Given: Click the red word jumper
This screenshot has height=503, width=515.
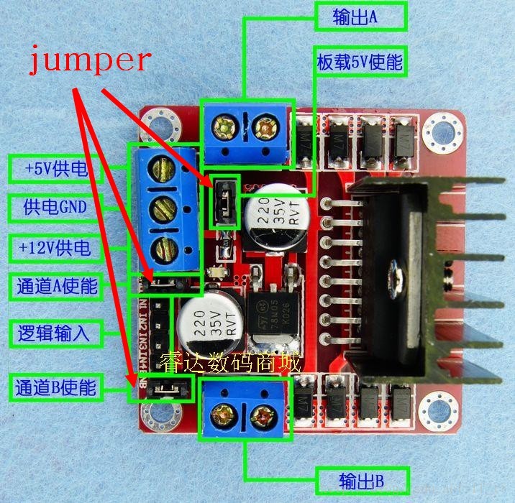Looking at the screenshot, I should click(x=89, y=60).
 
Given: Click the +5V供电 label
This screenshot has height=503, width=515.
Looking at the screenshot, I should click(x=56, y=169).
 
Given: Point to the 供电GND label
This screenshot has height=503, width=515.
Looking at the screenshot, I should click(x=56, y=208).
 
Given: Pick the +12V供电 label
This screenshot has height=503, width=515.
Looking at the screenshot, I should click(x=56, y=249).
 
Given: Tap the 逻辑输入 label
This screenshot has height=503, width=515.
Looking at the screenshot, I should click(x=56, y=333).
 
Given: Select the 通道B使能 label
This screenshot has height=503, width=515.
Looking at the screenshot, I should click(x=56, y=389).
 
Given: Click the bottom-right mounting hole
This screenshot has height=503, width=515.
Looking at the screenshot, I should click(x=436, y=407).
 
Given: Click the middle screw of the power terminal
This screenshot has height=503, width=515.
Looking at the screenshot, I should click(x=165, y=210).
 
